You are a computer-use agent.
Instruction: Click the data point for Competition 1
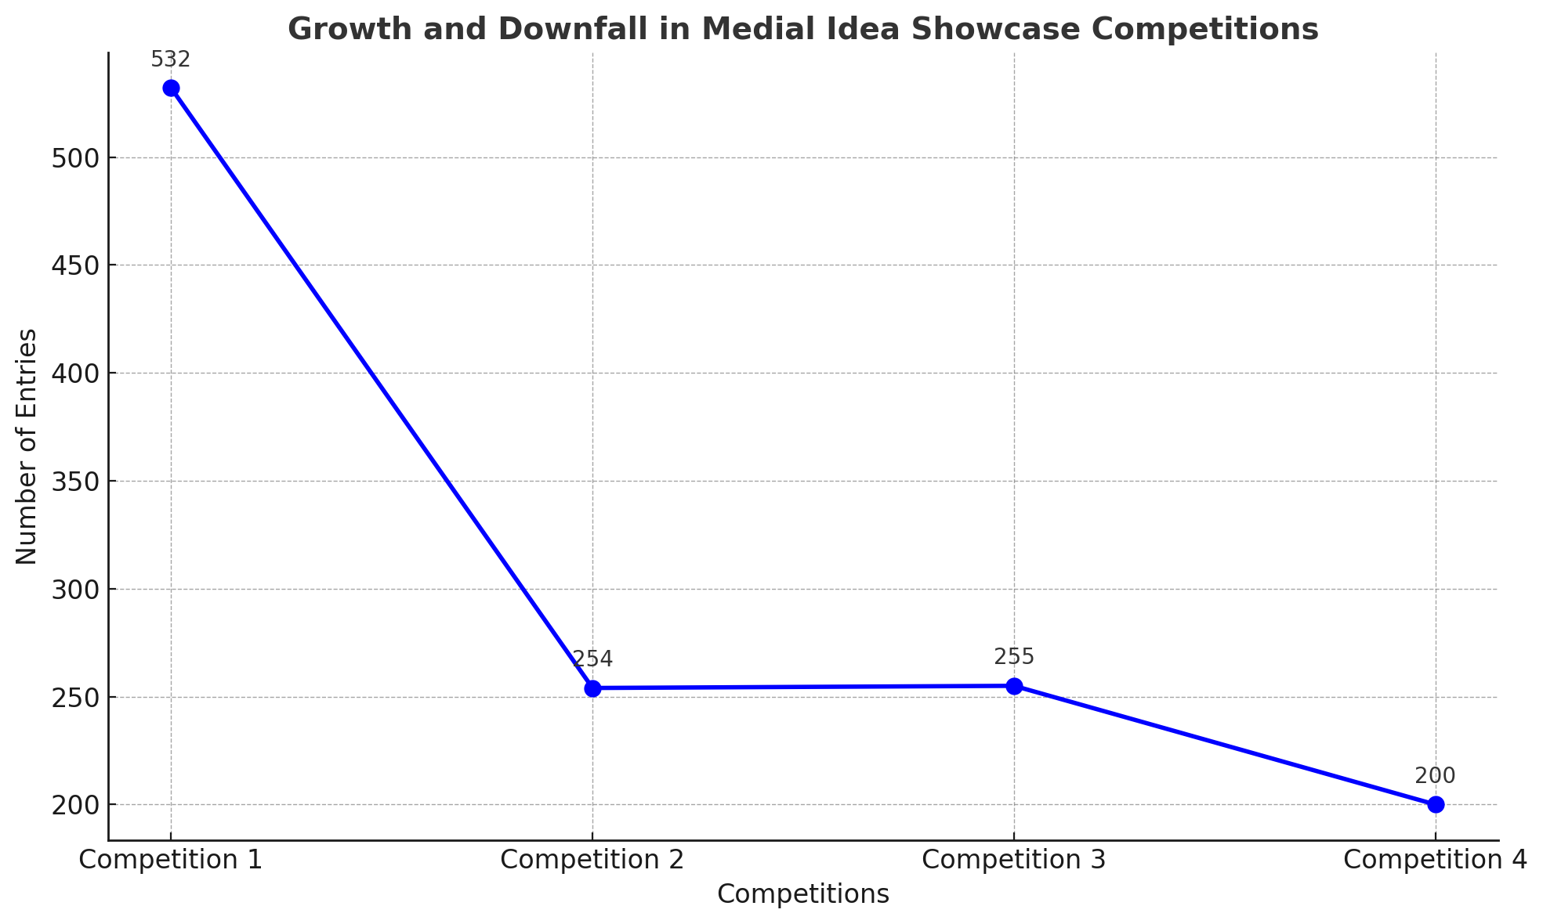click(x=171, y=88)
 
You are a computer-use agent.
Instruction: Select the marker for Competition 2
click(x=592, y=688)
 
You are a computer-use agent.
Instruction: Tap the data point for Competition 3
click(x=1014, y=686)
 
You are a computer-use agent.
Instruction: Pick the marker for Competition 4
click(x=1436, y=804)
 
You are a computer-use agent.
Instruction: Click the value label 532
click(x=171, y=60)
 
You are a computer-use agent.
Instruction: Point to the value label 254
click(x=592, y=659)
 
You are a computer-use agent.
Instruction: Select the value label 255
click(x=1014, y=657)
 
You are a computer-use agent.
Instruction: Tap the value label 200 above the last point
click(x=1436, y=776)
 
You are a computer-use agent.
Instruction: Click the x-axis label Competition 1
click(x=171, y=860)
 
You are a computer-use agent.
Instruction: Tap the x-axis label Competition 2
click(x=592, y=860)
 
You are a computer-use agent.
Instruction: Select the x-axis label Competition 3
click(x=1014, y=860)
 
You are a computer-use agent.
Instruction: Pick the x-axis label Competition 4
click(x=1435, y=860)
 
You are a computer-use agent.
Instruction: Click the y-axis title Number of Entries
click(x=27, y=446)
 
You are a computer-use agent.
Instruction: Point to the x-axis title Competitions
click(x=803, y=894)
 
